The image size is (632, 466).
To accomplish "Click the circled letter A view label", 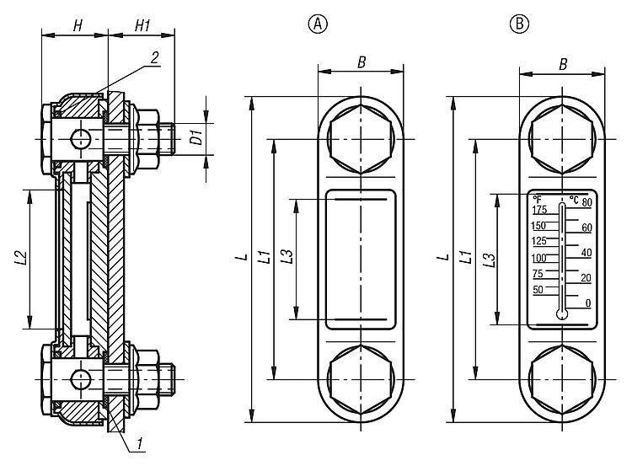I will point(318,24).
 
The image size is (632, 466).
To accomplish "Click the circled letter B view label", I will point(517,24).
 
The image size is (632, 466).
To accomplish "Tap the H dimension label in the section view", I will point(77,25).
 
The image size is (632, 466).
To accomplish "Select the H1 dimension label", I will point(142,25).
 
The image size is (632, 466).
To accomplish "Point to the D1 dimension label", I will point(195,137).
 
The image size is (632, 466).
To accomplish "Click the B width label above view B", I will point(561,62).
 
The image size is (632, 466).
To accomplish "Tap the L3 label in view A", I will point(287,259).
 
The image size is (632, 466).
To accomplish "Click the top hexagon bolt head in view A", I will point(362,132).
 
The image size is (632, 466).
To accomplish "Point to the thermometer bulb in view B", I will point(562,315).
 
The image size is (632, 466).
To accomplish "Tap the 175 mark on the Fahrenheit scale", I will point(538,209).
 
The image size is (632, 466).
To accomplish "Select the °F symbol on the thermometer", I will point(536,199).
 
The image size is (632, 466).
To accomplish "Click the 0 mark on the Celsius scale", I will point(587,303).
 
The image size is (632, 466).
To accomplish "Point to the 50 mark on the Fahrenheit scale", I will point(538,290).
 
